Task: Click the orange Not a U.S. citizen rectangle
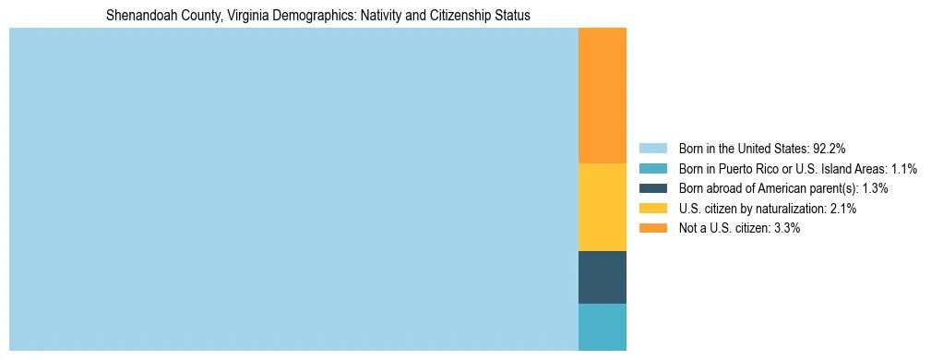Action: (x=602, y=96)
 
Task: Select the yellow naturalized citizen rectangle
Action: (x=602, y=207)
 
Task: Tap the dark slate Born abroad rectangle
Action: (x=602, y=277)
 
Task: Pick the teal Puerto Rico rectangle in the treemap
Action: (x=602, y=327)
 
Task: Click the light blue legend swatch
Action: (x=652, y=149)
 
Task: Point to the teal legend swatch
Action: (x=652, y=169)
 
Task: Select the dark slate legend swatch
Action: (x=652, y=188)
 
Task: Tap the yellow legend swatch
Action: (x=652, y=209)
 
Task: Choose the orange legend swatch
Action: (x=652, y=228)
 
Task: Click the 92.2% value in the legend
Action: (x=830, y=149)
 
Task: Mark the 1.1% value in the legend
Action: (x=904, y=169)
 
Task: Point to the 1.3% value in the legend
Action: (x=876, y=188)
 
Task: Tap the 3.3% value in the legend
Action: (x=787, y=228)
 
